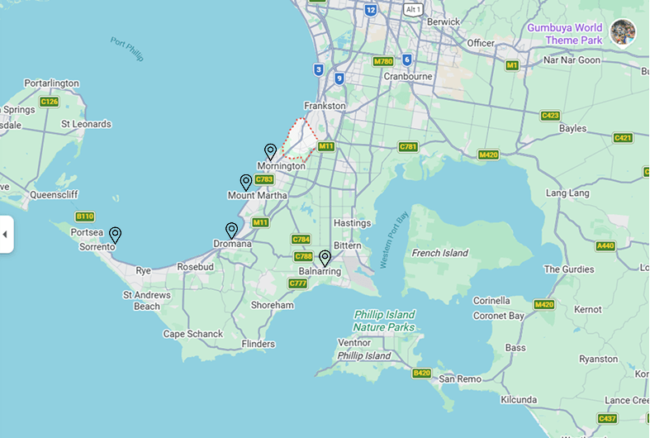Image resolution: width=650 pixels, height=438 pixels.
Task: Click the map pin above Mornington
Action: click(270, 151)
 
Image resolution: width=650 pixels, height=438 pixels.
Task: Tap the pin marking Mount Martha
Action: click(245, 182)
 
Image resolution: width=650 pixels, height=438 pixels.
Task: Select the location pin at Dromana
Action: click(231, 230)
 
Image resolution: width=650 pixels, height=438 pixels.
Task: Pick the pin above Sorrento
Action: click(115, 235)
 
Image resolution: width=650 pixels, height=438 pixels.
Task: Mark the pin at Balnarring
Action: click(325, 258)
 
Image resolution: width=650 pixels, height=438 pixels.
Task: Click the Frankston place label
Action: click(325, 106)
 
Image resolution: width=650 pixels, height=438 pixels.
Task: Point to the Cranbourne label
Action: click(408, 77)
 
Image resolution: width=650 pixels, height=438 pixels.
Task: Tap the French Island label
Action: click(440, 253)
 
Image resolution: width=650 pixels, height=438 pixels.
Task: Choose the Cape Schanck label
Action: click(192, 334)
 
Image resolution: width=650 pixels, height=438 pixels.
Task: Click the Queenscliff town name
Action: click(54, 196)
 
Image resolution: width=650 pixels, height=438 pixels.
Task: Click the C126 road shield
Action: click(49, 102)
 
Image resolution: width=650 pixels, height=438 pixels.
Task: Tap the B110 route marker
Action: click(84, 217)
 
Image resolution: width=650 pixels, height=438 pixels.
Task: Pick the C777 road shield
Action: click(298, 283)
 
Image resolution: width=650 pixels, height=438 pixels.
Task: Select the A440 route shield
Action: click(605, 246)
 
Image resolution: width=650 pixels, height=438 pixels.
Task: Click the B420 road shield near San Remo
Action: click(421, 374)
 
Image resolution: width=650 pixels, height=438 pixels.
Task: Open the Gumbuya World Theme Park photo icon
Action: click(623, 32)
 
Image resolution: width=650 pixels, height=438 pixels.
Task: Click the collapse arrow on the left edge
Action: click(5, 235)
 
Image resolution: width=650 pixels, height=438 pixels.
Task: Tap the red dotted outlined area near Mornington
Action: click(300, 138)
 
